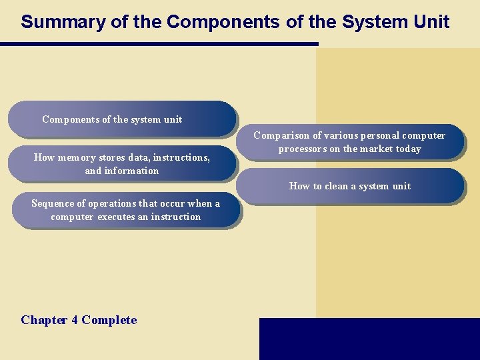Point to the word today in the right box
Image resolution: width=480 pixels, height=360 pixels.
tap(407, 149)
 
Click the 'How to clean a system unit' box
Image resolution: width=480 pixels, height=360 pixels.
tap(350, 186)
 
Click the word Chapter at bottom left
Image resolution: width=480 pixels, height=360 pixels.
tap(44, 320)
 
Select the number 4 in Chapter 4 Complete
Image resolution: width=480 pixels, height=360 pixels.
tap(74, 320)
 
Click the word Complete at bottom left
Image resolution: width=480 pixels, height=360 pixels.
tap(109, 320)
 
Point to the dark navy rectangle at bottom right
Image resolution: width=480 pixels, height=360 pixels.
tap(369, 339)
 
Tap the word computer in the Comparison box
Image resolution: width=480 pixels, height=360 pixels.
tap(423, 135)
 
